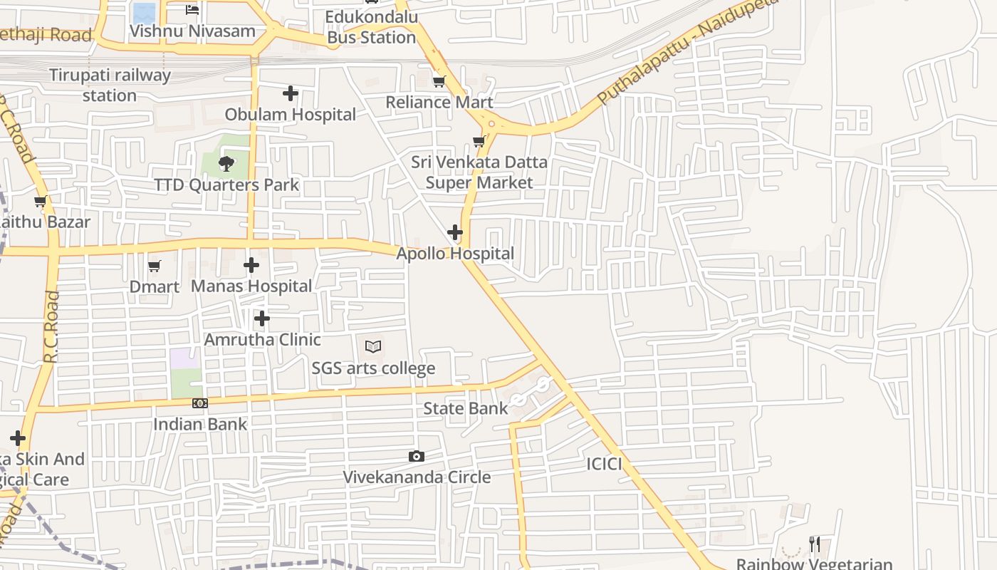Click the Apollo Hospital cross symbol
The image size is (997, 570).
click(454, 232)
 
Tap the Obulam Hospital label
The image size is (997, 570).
click(290, 114)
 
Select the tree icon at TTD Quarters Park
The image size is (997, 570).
click(226, 164)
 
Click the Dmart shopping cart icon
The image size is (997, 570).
click(154, 266)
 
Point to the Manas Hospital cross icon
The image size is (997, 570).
click(251, 265)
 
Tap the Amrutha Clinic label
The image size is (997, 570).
click(262, 340)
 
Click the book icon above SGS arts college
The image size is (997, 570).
click(373, 347)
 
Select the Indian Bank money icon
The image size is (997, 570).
click(199, 403)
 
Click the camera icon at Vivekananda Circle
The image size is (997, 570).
click(417, 456)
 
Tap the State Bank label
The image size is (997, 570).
click(466, 408)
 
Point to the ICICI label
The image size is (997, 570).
click(604, 465)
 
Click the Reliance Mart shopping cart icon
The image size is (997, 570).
click(439, 82)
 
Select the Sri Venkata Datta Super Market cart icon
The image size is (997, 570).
click(479, 141)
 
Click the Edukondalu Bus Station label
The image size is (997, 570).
click(371, 27)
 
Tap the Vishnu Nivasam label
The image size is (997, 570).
click(192, 31)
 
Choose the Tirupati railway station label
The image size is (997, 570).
click(110, 85)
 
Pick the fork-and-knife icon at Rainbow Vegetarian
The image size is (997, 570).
click(815, 544)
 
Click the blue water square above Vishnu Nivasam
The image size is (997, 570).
click(144, 12)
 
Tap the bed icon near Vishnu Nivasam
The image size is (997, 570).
click(192, 9)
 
